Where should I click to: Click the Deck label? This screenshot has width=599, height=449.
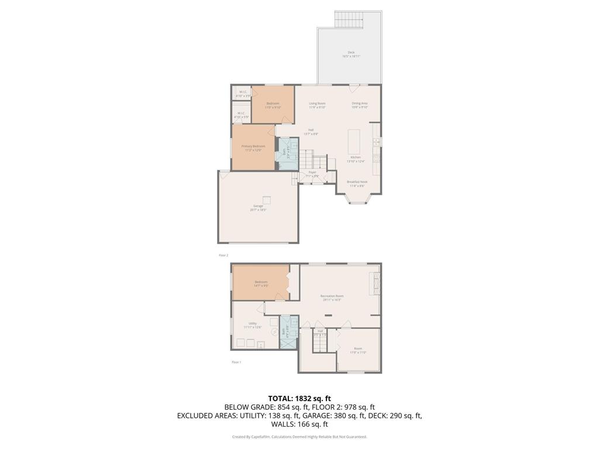coord(351,54)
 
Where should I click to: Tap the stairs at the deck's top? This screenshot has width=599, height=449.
coord(349,19)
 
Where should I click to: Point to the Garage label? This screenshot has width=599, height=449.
coord(258,208)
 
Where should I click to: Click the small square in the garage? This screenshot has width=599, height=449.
coord(267,199)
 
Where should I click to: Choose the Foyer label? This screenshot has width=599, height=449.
coord(313,174)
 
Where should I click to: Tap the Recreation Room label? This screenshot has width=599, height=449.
coord(332,298)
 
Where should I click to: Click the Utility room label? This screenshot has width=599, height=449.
coord(253,325)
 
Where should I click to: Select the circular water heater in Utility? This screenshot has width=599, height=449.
coord(274,331)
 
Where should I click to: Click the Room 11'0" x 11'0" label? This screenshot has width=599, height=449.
coord(358,350)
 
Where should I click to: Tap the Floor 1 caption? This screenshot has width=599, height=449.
coord(236,362)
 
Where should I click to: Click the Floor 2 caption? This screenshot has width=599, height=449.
coord(223,255)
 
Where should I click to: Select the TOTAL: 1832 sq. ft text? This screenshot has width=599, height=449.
coord(299,398)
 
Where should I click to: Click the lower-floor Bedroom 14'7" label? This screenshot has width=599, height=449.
coord(261,284)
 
